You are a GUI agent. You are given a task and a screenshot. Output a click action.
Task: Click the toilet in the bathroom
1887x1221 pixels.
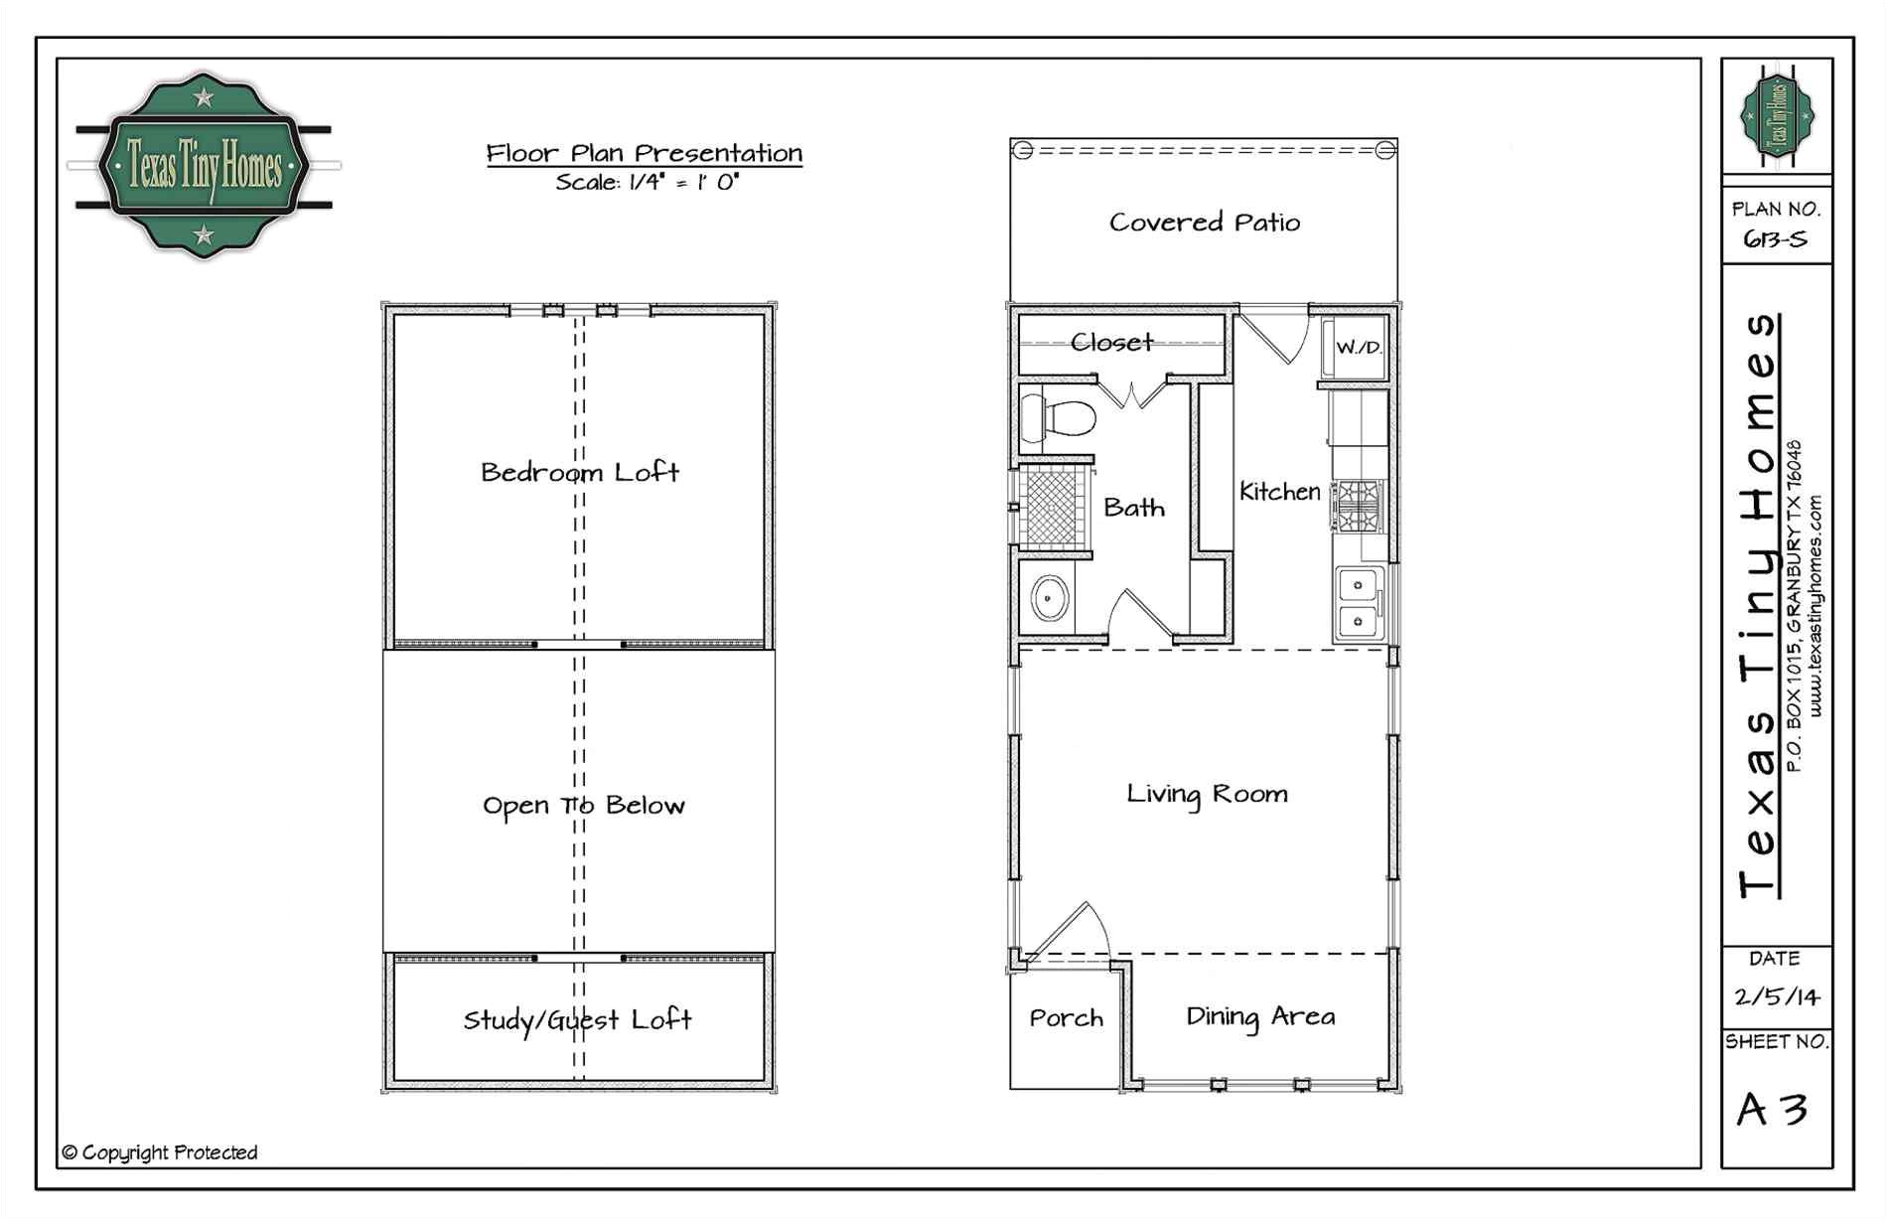1059,417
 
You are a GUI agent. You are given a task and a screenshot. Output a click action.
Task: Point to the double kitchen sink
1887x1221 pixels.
1356,603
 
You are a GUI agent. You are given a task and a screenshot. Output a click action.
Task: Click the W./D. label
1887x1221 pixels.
1358,348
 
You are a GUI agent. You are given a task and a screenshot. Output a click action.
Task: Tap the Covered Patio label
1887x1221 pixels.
1204,223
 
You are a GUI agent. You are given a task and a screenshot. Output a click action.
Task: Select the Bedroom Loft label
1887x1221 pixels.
580,472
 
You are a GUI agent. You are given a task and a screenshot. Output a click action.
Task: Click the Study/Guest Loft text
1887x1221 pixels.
577,1020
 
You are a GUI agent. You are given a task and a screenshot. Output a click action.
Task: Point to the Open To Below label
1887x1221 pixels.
583,805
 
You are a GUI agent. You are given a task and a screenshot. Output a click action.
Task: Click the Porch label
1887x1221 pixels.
1066,1018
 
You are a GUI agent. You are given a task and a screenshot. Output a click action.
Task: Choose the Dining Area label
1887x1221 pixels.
1259,1016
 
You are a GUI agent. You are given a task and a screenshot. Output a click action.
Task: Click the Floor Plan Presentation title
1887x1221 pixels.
644,153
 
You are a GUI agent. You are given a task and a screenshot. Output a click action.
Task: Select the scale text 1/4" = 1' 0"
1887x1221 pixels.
648,182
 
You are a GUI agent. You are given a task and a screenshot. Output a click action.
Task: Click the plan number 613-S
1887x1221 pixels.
1775,239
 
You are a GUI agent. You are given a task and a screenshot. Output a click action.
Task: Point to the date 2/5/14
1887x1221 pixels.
1777,996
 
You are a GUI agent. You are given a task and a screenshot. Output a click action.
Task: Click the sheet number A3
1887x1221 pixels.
1772,1110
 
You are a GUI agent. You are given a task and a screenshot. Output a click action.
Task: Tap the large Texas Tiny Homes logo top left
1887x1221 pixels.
204,165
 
